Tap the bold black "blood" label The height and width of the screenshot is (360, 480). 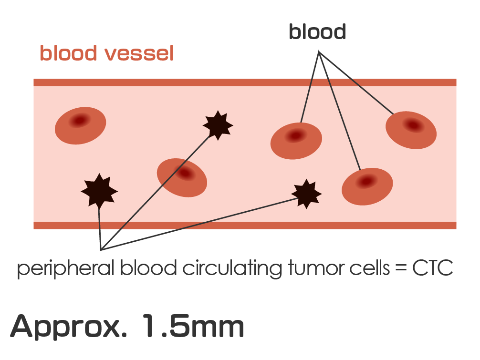317,32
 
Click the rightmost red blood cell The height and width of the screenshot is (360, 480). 411,130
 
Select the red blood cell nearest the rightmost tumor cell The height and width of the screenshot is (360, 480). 367,186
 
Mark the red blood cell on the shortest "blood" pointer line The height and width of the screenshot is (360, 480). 296,141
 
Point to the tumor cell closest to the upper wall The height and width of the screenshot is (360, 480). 218,125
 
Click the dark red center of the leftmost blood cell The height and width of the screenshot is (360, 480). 78,120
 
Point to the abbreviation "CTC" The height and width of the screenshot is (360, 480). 432,269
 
